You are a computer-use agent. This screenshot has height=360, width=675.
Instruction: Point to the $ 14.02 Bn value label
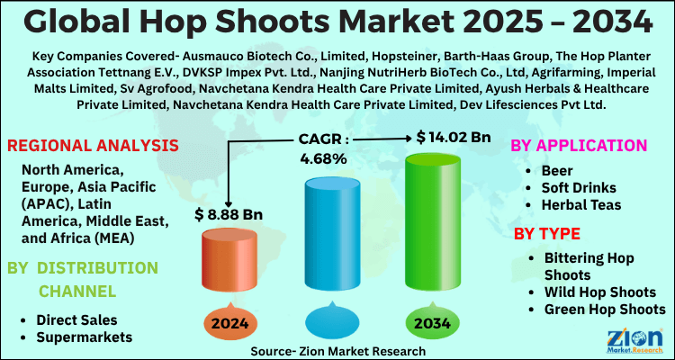(x=454, y=137)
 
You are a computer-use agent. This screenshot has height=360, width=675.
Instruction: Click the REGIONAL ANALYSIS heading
(x=93, y=146)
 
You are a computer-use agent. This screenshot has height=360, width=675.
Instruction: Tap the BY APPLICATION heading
(x=579, y=146)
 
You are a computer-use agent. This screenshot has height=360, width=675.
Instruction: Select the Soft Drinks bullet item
(x=579, y=187)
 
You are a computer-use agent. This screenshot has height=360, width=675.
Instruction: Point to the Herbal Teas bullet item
(x=580, y=205)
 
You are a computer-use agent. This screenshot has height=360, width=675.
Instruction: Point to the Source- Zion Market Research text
(x=338, y=349)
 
